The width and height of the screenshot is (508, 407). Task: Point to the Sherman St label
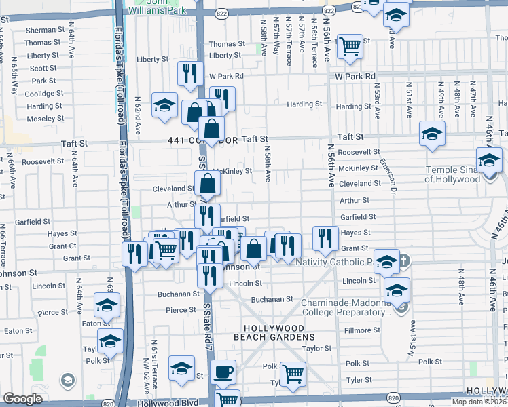[x=44, y=31]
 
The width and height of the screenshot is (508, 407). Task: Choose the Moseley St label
[x=45, y=119]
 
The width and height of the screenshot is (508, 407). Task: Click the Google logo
[x=22, y=399]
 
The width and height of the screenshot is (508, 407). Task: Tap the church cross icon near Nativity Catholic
[x=403, y=260]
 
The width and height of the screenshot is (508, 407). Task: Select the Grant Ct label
[x=62, y=246]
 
